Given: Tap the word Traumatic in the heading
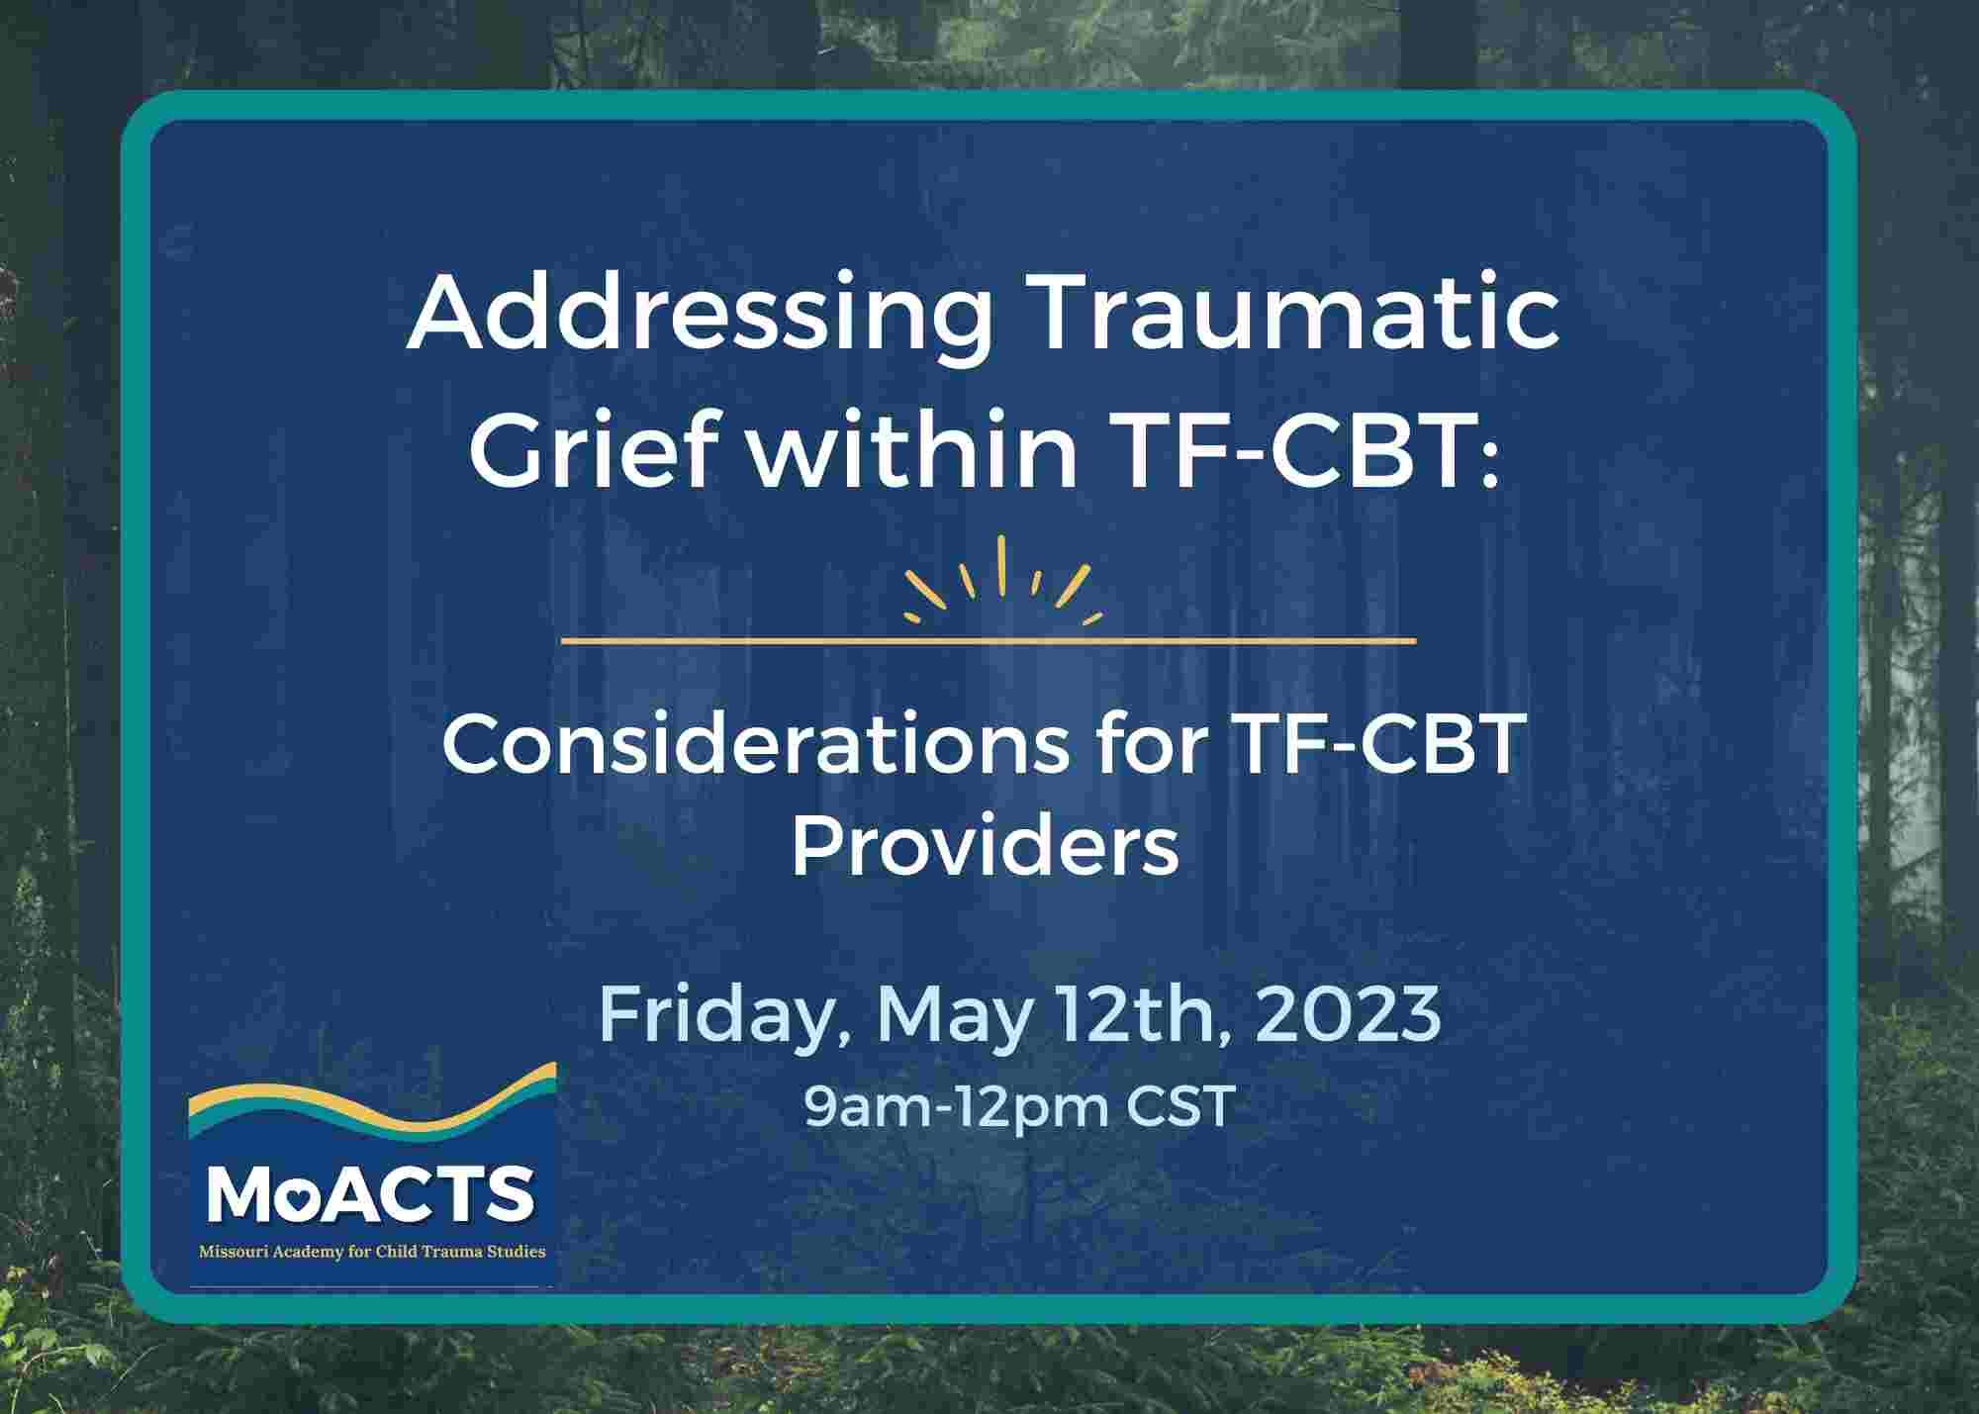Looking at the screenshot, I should pos(1295,314).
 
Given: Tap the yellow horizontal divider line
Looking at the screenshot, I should pos(989,641).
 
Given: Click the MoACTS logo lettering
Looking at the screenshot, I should pos(371,1194).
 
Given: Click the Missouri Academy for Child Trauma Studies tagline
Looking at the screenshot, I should pos(372,1252).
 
